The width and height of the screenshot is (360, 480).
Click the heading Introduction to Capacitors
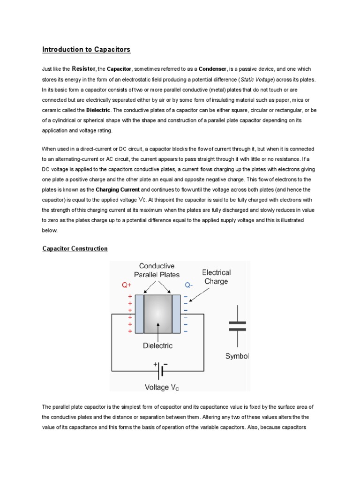86,49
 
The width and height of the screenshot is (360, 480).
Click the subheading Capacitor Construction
75,249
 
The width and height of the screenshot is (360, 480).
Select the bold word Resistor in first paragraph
84,68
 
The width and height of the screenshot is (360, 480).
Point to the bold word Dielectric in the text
98,110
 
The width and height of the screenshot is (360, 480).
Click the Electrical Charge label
216,277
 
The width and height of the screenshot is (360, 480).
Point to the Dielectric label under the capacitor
157,346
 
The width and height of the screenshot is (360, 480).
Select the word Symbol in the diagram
237,356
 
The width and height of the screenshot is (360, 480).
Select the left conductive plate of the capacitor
139,314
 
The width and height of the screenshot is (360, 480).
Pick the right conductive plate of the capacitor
176,314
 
